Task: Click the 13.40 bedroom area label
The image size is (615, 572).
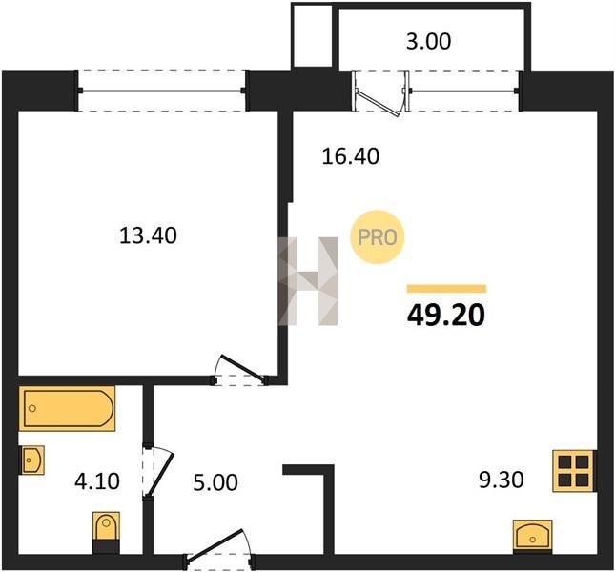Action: click(x=148, y=236)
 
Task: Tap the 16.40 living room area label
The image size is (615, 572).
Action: click(x=351, y=156)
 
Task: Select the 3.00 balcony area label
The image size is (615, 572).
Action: click(x=428, y=42)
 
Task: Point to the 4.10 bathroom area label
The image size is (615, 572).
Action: click(x=97, y=481)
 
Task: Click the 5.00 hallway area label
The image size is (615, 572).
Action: click(x=215, y=482)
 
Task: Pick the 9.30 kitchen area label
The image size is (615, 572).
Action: click(x=502, y=480)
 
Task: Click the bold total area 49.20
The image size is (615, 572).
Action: click(x=446, y=316)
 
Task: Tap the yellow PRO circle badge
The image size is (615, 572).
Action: click(x=377, y=237)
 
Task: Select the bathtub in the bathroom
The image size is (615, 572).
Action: click(x=67, y=409)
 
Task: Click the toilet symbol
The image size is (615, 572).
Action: click(x=106, y=532)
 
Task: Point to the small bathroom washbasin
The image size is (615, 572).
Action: click(x=31, y=460)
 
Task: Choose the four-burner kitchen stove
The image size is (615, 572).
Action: click(x=574, y=471)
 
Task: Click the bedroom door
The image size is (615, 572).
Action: click(x=240, y=370)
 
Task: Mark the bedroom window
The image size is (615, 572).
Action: click(x=161, y=91)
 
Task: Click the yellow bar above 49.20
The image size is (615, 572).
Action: click(x=446, y=289)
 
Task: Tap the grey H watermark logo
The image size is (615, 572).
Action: click(x=307, y=280)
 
